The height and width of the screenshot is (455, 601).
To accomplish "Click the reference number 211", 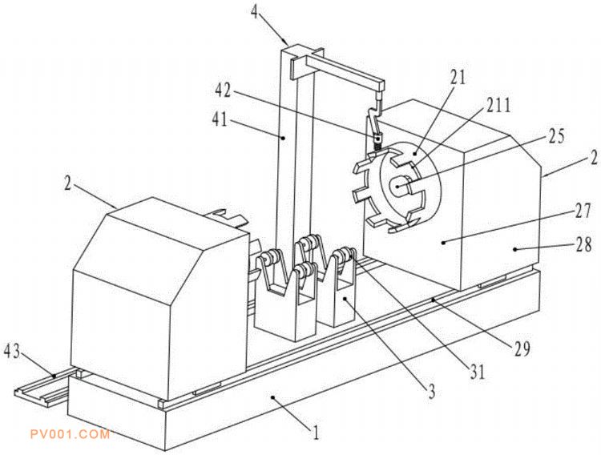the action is pyautogui.click(x=498, y=105).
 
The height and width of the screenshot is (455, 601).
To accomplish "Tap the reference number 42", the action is pyautogui.click(x=223, y=91).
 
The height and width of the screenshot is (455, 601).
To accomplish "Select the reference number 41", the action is pyautogui.click(x=220, y=121).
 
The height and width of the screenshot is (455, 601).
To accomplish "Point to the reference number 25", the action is pyautogui.click(x=556, y=136).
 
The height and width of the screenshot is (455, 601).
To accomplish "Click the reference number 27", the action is pyautogui.click(x=583, y=211).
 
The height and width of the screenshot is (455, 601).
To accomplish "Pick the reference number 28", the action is pyautogui.click(x=583, y=245).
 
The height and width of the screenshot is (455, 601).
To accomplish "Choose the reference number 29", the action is pyautogui.click(x=522, y=348).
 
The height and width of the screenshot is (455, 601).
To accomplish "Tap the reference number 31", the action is pyautogui.click(x=478, y=372).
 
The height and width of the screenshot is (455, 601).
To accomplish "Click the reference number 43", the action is pyautogui.click(x=11, y=352).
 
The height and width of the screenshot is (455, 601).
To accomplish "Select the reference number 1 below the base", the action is pyautogui.click(x=316, y=433).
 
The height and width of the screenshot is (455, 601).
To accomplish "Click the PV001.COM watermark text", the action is pyautogui.click(x=71, y=434).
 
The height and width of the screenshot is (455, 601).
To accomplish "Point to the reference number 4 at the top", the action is pyautogui.click(x=255, y=10).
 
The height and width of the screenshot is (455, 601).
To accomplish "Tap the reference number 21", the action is pyautogui.click(x=458, y=78).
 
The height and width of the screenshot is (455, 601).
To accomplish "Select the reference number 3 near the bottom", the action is pyautogui.click(x=432, y=393).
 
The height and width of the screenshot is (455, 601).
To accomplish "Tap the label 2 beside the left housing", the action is pyautogui.click(x=68, y=183).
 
